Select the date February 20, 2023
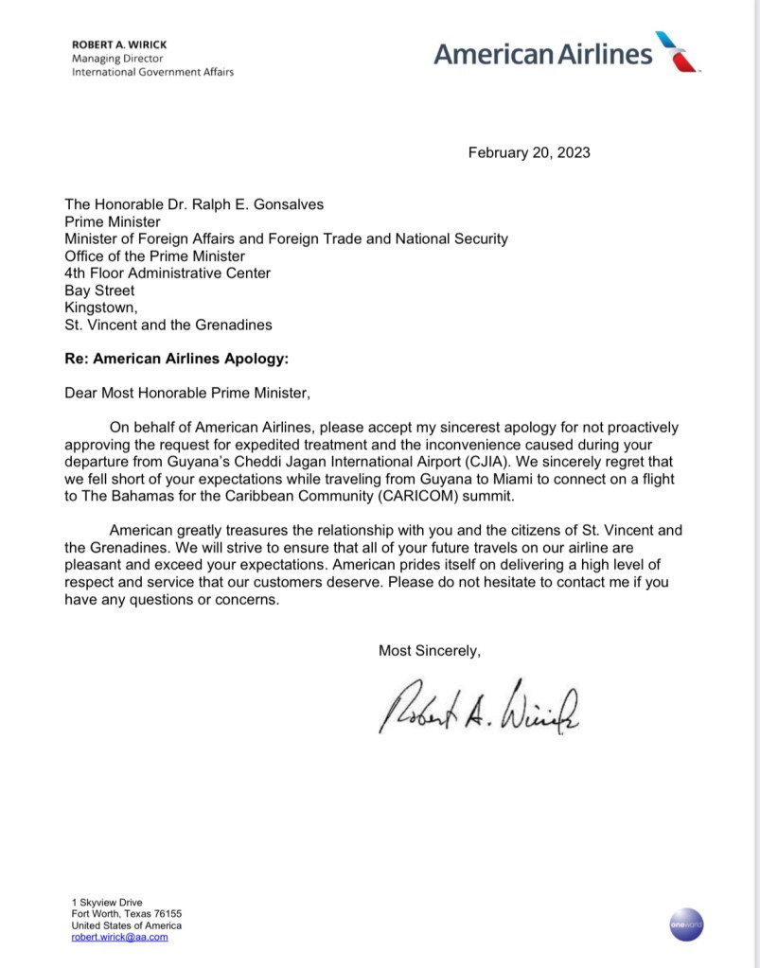point(529,152)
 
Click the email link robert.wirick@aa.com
point(120,937)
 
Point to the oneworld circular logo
point(685,923)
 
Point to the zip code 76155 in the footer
point(165,914)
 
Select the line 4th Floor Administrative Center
point(168,273)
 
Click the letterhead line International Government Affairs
point(153,72)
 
